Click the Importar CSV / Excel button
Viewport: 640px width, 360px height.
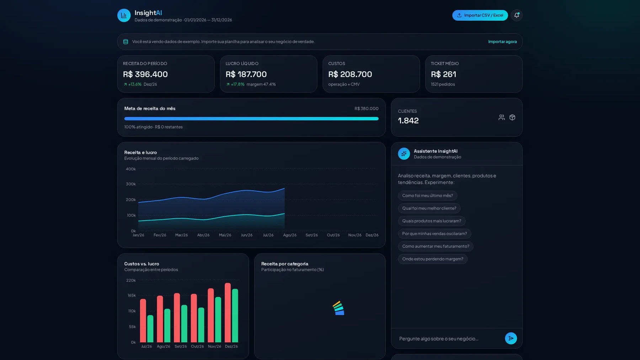pyautogui.click(x=480, y=15)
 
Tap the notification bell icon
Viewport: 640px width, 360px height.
pyautogui.click(x=517, y=15)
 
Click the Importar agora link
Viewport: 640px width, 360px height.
pyautogui.click(x=502, y=42)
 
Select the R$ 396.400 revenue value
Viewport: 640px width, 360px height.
pyautogui.click(x=145, y=74)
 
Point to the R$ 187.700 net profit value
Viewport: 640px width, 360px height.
pyautogui.click(x=246, y=74)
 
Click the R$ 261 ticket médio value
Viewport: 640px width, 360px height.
pyautogui.click(x=443, y=74)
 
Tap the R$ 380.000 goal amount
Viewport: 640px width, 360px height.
pyautogui.click(x=367, y=108)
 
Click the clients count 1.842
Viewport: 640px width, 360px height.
pyautogui.click(x=408, y=121)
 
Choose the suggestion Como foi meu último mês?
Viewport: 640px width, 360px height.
pyautogui.click(x=428, y=196)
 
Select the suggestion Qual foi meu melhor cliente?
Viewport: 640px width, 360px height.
pyautogui.click(x=429, y=208)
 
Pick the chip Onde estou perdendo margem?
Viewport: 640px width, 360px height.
pyautogui.click(x=433, y=259)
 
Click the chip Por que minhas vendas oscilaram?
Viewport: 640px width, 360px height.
pyautogui.click(x=434, y=234)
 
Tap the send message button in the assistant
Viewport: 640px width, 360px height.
pyautogui.click(x=511, y=338)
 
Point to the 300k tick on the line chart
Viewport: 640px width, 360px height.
pyautogui.click(x=131, y=184)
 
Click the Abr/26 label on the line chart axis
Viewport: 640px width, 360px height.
pyautogui.click(x=203, y=235)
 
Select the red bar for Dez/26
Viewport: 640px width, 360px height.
pyautogui.click(x=228, y=313)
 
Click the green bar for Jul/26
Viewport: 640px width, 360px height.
pyautogui.click(x=150, y=329)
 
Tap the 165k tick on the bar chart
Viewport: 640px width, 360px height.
pyautogui.click(x=132, y=295)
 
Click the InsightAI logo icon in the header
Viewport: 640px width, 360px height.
pyautogui.click(x=124, y=15)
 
